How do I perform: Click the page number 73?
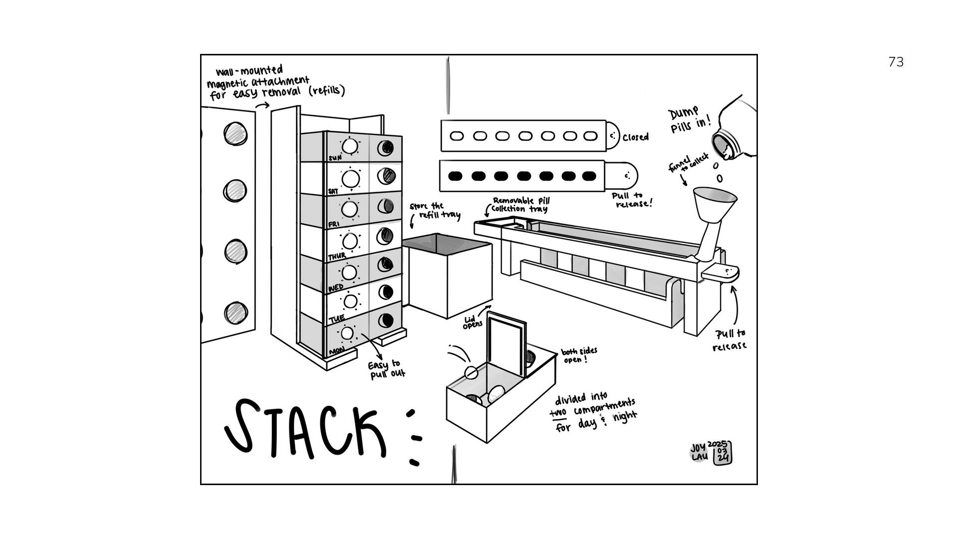[896, 62]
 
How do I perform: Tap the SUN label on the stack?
[335, 158]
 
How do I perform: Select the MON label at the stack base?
[337, 351]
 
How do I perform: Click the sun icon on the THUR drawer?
[350, 241]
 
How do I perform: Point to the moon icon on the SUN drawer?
[385, 148]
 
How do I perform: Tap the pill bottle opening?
[723, 145]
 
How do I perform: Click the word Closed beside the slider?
[636, 137]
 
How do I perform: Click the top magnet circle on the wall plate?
[236, 134]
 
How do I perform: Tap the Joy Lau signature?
[700, 452]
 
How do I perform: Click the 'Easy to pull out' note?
[386, 369]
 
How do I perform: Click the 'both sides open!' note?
[579, 355]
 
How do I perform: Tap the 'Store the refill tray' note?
[435, 211]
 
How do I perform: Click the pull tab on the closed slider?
[613, 136]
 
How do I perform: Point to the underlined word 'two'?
[558, 413]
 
